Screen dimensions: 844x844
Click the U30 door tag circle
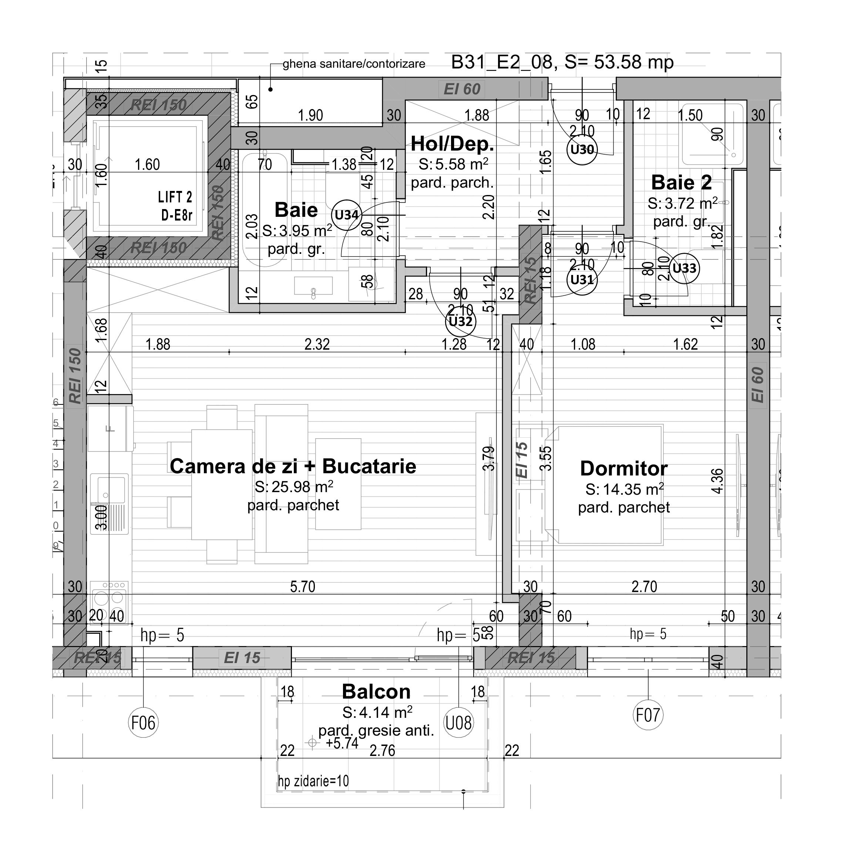pyautogui.click(x=582, y=150)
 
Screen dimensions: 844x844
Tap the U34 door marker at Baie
pyautogui.click(x=346, y=215)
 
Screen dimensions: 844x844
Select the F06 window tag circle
pyautogui.click(x=143, y=723)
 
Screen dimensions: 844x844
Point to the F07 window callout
pyautogui.click(x=648, y=716)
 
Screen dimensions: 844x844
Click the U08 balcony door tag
pyautogui.click(x=458, y=723)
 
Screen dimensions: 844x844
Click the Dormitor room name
pyautogui.click(x=623, y=469)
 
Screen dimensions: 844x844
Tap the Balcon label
pyautogui.click(x=376, y=692)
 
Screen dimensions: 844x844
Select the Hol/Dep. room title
pyautogui.click(x=452, y=144)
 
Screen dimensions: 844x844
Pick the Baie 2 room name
pyautogui.click(x=681, y=183)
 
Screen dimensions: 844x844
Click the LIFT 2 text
pyautogui.click(x=175, y=198)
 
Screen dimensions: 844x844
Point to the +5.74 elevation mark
pyautogui.click(x=342, y=743)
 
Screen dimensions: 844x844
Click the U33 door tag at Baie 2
pyautogui.click(x=684, y=268)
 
